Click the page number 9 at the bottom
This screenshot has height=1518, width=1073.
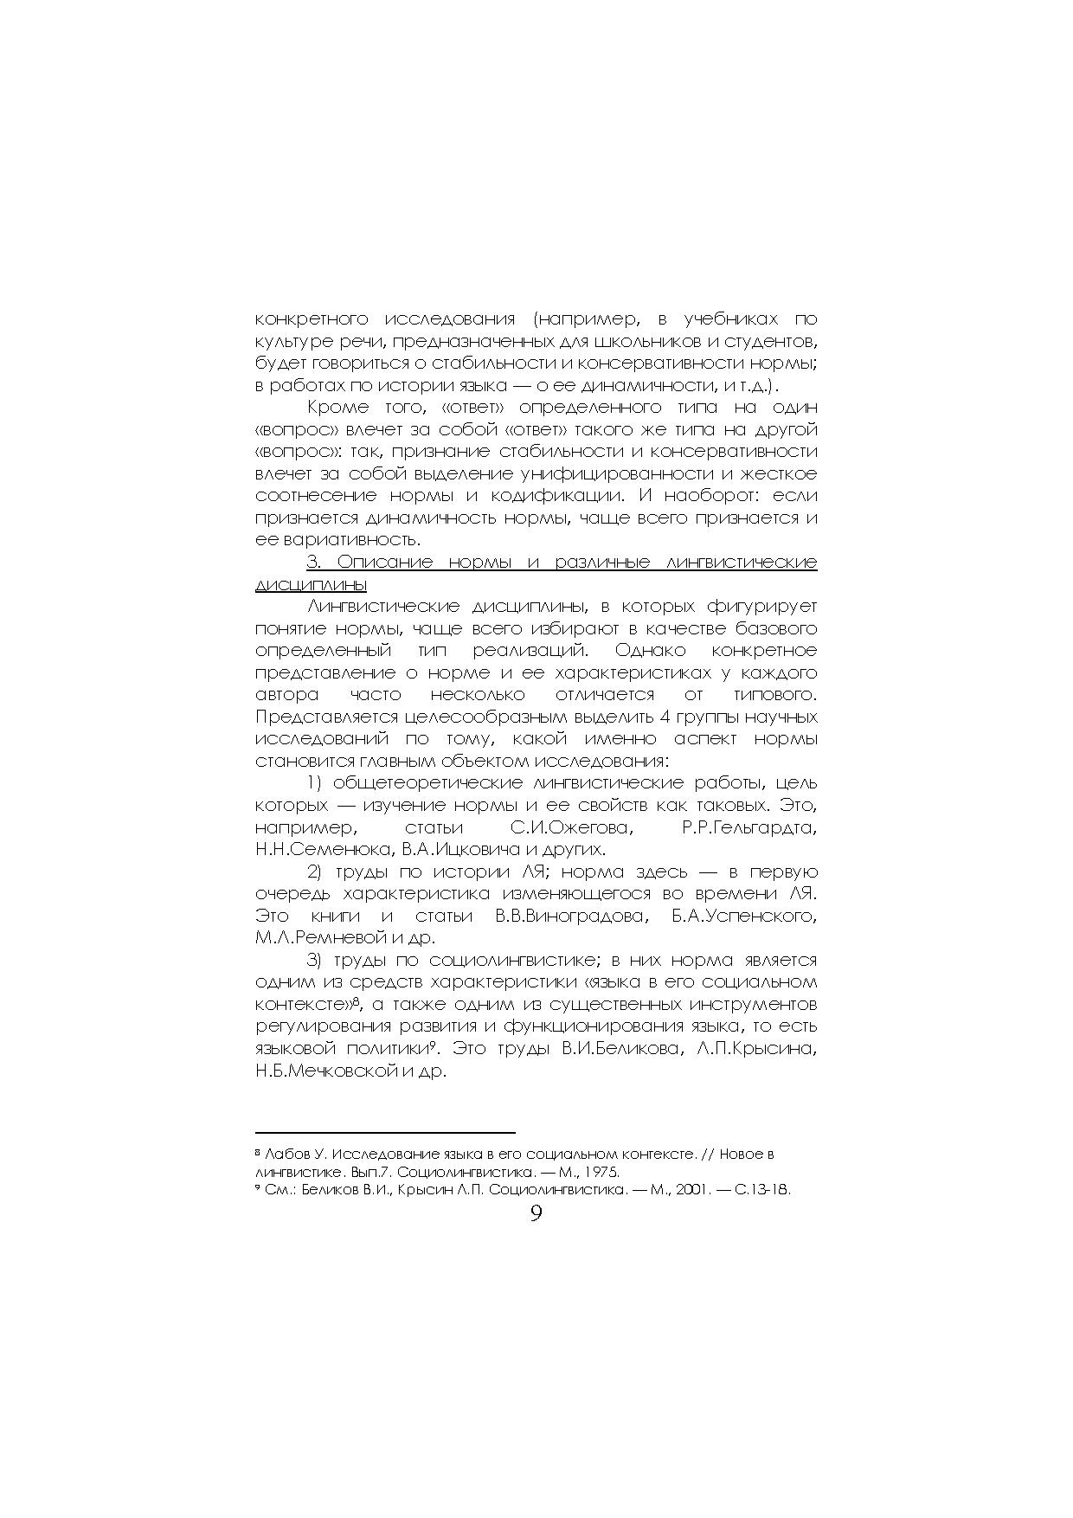pos(536,1213)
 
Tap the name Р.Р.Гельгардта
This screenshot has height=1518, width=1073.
pos(749,827)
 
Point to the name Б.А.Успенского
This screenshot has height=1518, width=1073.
pos(744,916)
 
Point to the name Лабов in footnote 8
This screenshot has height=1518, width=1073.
pos(286,1155)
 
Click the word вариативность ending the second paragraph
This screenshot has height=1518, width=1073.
pos(347,540)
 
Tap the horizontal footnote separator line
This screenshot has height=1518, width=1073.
pos(385,1131)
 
